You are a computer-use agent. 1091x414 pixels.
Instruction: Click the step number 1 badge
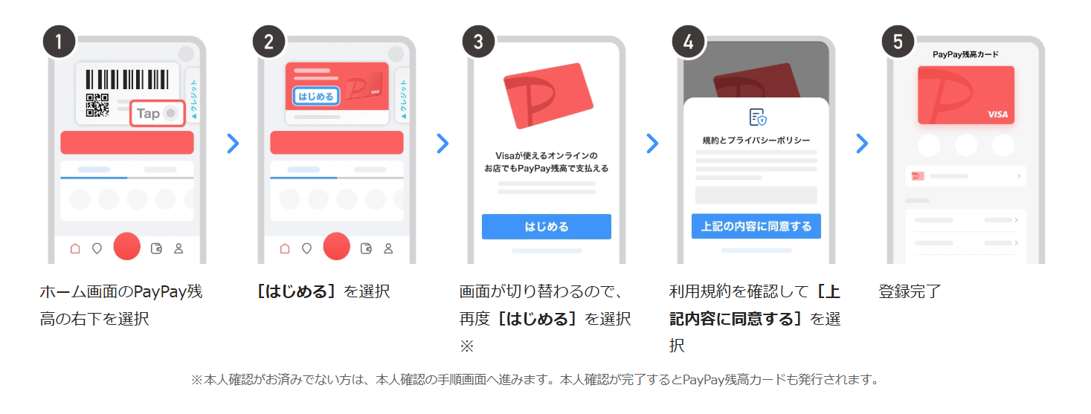59,42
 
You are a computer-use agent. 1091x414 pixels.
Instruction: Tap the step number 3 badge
478,42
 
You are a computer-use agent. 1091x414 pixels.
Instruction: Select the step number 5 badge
898,42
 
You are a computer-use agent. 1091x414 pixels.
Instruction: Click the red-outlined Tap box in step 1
158,114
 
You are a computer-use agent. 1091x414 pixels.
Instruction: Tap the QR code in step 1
97,106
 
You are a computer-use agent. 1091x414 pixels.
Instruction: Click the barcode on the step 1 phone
127,80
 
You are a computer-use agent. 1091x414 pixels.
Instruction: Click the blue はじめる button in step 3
547,227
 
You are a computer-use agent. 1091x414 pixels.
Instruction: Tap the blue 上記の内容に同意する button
756,226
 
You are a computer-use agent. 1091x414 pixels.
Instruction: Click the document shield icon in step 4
757,117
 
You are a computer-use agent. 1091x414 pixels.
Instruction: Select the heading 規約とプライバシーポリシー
756,140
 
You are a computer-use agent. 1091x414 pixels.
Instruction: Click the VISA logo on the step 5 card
997,114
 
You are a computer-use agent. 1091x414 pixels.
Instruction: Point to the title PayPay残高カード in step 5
965,54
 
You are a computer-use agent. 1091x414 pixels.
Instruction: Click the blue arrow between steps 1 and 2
234,143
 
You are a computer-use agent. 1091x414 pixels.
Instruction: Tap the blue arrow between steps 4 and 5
862,143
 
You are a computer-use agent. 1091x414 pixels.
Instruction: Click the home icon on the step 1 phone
75,248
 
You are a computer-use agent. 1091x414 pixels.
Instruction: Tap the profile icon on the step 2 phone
388,248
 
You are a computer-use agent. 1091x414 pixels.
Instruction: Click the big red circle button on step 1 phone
126,246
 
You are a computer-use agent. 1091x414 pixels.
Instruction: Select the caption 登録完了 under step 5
910,291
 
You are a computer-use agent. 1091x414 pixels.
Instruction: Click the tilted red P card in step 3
548,95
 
